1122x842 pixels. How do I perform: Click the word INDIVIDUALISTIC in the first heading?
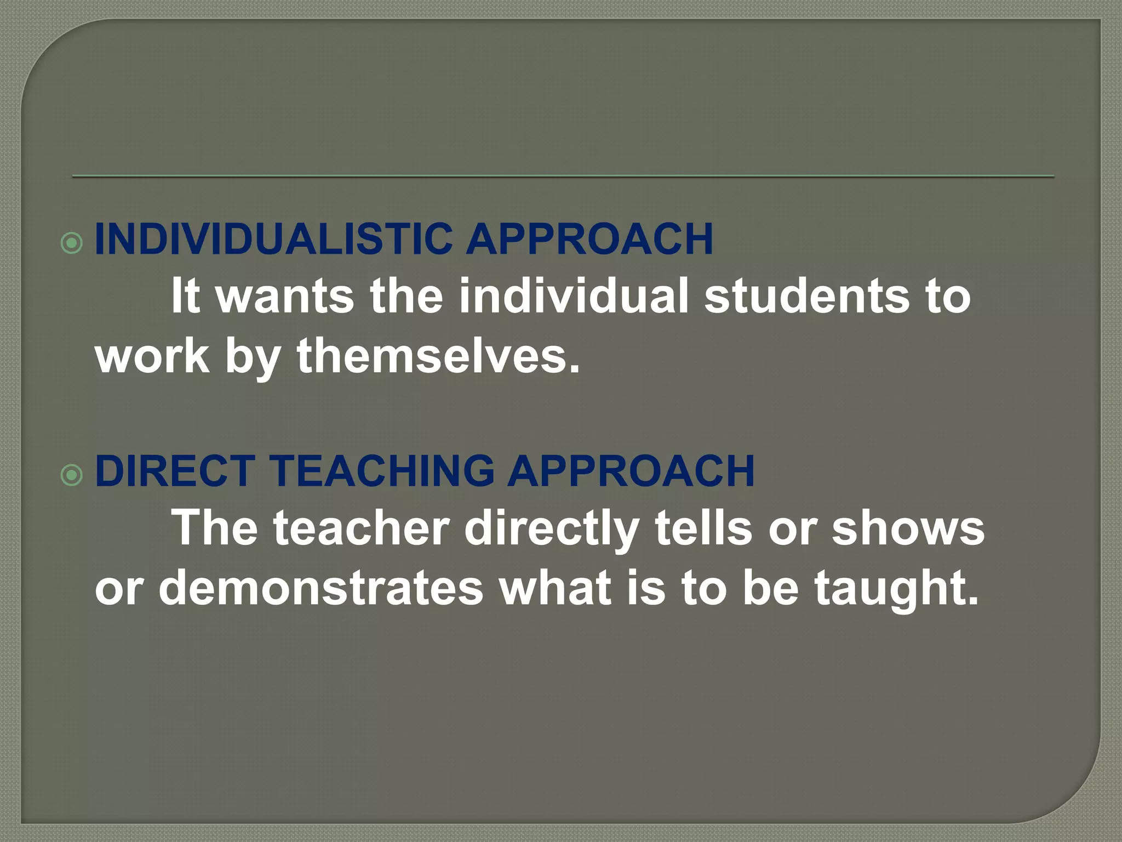coord(273,239)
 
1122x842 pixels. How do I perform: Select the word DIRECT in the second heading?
coord(174,471)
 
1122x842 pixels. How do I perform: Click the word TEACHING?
coord(382,471)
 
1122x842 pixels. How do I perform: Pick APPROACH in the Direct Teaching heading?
coord(631,471)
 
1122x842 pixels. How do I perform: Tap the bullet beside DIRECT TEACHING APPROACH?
coord(72,475)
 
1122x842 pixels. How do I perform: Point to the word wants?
coord(285,297)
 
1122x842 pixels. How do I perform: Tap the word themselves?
coord(438,356)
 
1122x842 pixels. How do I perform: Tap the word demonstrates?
coord(321,589)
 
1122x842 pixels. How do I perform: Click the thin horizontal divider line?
coord(563,177)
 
